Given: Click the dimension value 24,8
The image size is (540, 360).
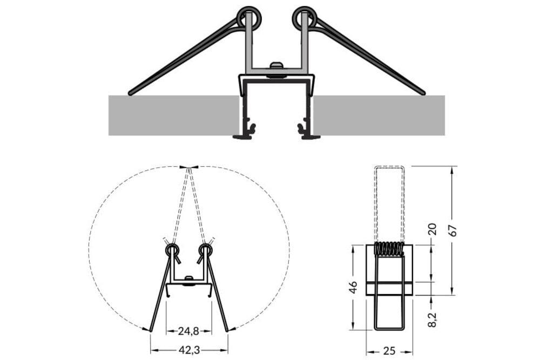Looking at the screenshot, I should (x=189, y=330).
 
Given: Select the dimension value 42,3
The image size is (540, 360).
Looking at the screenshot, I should (x=189, y=350).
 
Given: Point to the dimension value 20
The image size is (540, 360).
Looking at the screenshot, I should (x=431, y=230).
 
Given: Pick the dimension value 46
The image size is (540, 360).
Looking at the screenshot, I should (x=353, y=287).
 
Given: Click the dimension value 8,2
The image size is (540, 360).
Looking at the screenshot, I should (x=431, y=314).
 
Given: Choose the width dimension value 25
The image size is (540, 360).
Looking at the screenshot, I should (x=389, y=351).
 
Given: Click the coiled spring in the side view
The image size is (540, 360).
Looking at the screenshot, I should (x=389, y=249).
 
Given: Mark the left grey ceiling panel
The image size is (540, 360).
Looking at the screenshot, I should (x=173, y=116).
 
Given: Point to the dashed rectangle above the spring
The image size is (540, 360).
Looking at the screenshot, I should (x=389, y=202).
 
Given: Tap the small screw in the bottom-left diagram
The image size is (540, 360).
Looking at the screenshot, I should (x=188, y=279).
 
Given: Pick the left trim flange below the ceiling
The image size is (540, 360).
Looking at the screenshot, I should (x=245, y=136).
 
